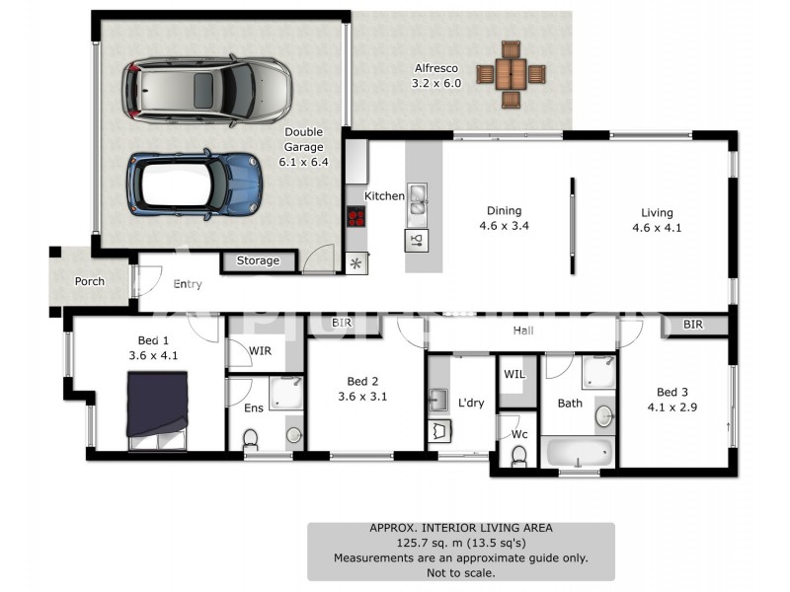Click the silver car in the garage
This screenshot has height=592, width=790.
[207, 91]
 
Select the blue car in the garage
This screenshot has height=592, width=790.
[195, 185]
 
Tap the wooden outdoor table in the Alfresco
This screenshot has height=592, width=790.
[511, 75]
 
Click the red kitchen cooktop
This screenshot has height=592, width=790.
[356, 216]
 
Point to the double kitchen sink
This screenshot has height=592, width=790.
[417, 199]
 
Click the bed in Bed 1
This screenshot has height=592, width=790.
[157, 410]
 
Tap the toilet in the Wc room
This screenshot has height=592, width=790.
[518, 457]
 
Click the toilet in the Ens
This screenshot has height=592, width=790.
[251, 440]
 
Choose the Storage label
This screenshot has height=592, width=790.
[258, 260]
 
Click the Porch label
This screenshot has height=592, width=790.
[90, 281]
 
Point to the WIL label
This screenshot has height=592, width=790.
[514, 374]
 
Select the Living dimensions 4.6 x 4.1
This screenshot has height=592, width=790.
[657, 228]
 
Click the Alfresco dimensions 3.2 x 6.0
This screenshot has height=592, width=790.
[436, 83]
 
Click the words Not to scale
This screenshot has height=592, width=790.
[461, 573]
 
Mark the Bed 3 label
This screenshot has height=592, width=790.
[672, 392]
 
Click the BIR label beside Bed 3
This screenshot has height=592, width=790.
[693, 325]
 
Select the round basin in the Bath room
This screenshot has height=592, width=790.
[604, 416]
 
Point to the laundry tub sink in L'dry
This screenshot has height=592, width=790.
[438, 401]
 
